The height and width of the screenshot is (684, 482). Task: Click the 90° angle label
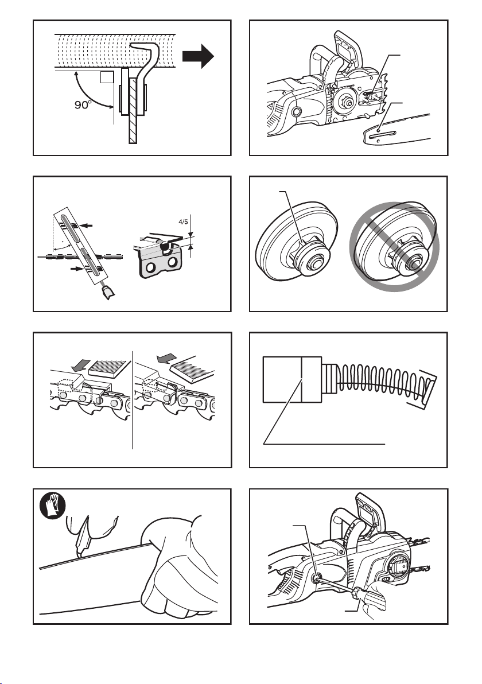click(82, 104)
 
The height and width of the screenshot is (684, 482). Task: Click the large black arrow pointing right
click(198, 56)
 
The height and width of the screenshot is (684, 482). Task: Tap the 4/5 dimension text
click(183, 221)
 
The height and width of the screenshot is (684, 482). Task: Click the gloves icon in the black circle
click(53, 506)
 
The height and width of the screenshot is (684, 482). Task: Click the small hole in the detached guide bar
click(379, 130)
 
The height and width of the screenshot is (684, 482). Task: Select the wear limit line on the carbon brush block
click(302, 379)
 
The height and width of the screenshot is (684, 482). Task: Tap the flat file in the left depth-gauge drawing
click(107, 368)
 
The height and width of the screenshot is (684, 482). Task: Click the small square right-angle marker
click(106, 77)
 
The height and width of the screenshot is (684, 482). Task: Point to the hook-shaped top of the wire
click(147, 50)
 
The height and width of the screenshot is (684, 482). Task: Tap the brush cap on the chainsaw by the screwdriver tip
click(314, 578)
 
